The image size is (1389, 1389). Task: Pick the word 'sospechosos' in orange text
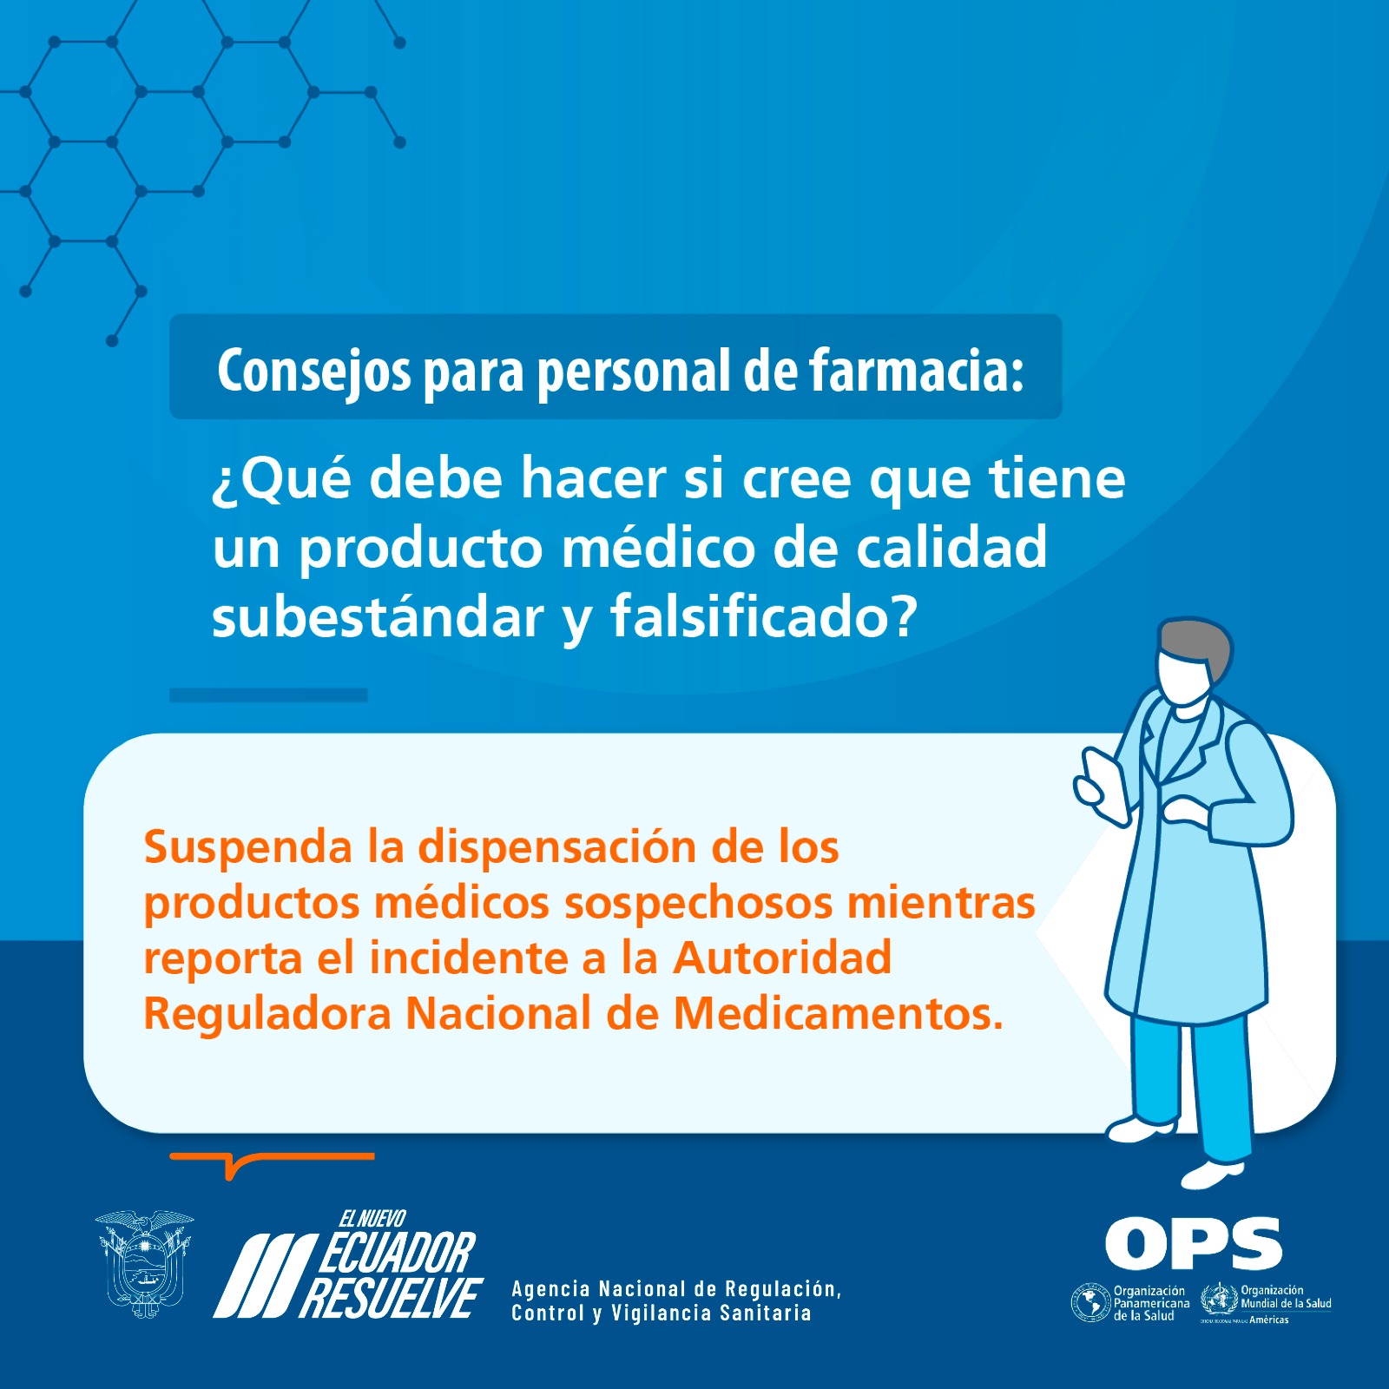coord(697,904)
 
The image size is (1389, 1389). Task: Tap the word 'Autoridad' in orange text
coord(782,958)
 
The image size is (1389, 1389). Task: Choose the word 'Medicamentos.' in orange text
coord(839,1013)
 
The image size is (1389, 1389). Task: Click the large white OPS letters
coord(1194,1243)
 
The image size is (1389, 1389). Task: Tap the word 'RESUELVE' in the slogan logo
coord(392,1298)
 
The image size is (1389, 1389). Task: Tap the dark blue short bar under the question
coord(268,695)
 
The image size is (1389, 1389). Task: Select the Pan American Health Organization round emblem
coord(1090,1303)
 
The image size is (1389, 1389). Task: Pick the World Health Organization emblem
coord(1219,1300)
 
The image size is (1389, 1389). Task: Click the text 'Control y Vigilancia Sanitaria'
coord(662,1313)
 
